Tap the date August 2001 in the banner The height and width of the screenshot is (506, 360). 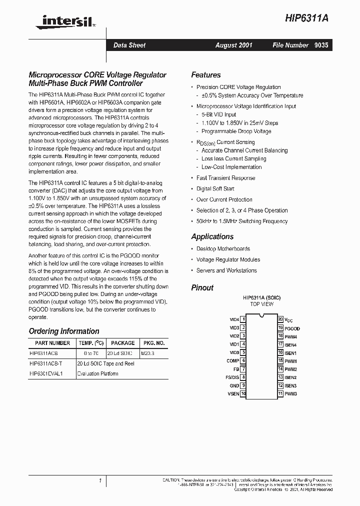[233, 45]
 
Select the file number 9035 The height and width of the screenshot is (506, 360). [321, 45]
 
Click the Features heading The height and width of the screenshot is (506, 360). [205, 75]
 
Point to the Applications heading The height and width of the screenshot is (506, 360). [212, 236]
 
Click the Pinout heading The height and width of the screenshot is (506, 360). [202, 287]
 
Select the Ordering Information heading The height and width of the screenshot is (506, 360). [64, 331]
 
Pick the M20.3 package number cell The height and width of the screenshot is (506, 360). [148, 352]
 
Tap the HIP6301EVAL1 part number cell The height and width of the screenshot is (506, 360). [46, 373]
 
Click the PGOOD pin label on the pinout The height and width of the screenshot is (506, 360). [292, 328]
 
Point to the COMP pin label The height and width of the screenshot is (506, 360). [232, 360]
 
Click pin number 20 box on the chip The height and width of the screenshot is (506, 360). [280, 319]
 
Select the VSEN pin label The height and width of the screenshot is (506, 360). [233, 394]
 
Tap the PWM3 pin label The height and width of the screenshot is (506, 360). [291, 394]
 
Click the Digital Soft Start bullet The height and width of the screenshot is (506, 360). [215, 188]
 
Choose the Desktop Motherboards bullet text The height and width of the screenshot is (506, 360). [223, 248]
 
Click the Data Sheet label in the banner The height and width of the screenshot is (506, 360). [129, 45]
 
